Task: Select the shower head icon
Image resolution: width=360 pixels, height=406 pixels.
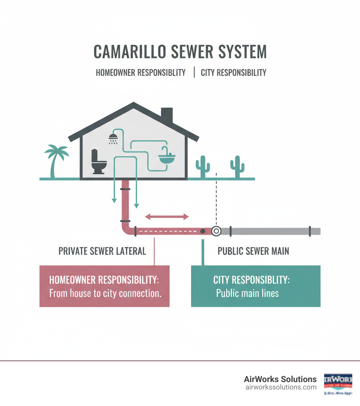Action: (113, 138)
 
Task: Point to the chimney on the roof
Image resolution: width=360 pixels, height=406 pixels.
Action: (167, 115)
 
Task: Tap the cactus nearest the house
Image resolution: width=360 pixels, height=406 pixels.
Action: (202, 166)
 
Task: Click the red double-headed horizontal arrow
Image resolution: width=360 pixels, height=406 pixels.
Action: (167, 217)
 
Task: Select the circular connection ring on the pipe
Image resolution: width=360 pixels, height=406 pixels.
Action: (216, 231)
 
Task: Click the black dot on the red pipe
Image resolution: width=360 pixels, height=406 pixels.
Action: (202, 231)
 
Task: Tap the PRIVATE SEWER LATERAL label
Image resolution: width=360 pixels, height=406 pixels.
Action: (102, 251)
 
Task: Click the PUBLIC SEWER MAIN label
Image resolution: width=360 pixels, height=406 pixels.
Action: (253, 251)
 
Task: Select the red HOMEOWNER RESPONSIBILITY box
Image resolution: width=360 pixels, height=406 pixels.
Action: (104, 286)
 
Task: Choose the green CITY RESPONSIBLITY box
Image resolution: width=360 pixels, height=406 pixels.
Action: (256, 286)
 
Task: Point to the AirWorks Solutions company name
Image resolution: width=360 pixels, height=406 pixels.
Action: (280, 379)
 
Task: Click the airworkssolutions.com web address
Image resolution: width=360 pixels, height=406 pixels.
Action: (281, 387)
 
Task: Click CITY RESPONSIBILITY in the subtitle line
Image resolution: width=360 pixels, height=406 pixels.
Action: (233, 73)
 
